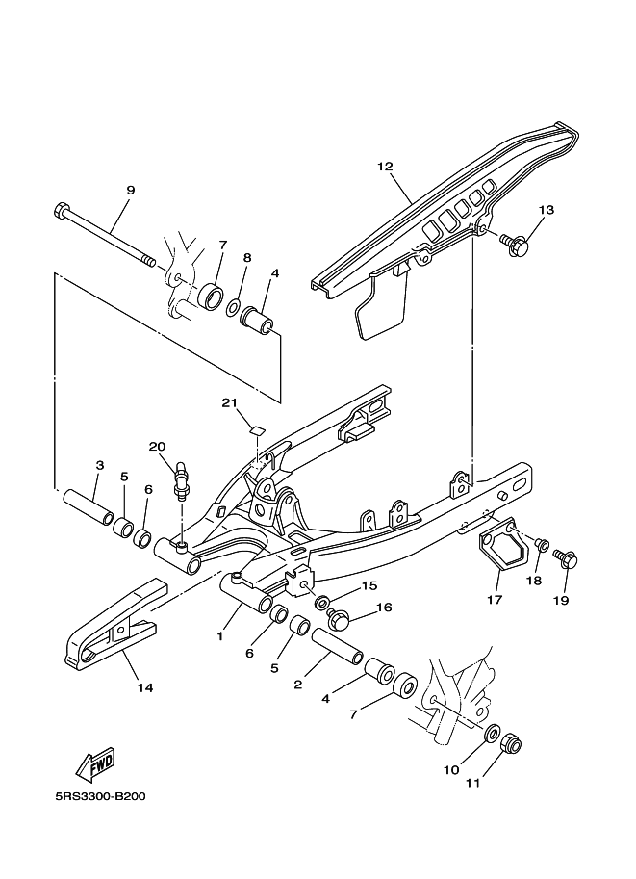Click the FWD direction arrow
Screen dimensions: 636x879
(x=96, y=764)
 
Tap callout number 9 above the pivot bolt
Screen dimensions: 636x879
(x=131, y=190)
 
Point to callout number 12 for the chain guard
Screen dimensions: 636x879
(x=385, y=167)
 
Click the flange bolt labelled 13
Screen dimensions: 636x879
(x=514, y=244)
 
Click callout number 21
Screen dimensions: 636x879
(x=229, y=402)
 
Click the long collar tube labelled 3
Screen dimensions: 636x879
(x=88, y=505)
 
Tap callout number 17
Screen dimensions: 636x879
(x=495, y=599)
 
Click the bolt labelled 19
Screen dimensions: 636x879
(x=564, y=559)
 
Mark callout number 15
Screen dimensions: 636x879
(x=369, y=585)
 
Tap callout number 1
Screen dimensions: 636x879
(x=220, y=636)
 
